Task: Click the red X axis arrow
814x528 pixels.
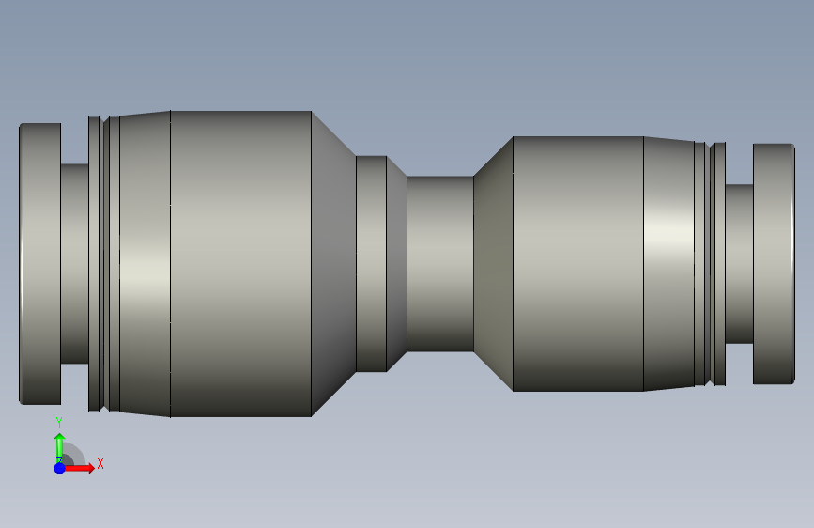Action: pos(78,468)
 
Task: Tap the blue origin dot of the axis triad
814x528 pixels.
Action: pos(60,468)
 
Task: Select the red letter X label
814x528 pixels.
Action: pos(100,463)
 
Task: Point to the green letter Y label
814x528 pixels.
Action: pos(59,423)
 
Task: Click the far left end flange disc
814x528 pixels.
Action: pos(40,264)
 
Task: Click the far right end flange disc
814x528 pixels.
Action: pos(774,264)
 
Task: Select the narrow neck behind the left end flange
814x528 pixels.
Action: pos(75,264)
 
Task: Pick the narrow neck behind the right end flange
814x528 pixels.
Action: pos(739,264)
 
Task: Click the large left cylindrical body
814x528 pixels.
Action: pos(241,264)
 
